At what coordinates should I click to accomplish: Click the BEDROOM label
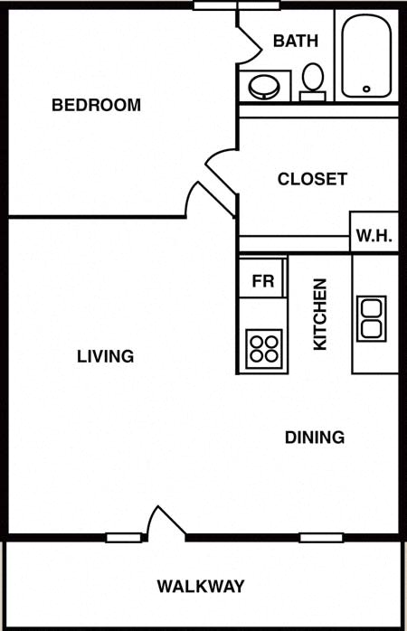click(96, 105)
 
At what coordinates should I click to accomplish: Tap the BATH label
click(296, 41)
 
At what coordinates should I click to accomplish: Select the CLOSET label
click(312, 179)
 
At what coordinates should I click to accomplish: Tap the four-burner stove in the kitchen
click(264, 349)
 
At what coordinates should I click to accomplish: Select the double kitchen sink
click(371, 319)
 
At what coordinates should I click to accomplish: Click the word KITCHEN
click(320, 315)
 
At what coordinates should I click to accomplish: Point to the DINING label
click(315, 438)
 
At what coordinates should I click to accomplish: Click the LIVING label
click(106, 356)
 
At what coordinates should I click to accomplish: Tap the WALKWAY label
click(201, 587)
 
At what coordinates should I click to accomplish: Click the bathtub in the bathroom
click(366, 56)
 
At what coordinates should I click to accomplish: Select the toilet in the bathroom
click(312, 82)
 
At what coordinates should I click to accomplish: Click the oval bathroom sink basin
click(264, 87)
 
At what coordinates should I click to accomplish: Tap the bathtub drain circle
click(366, 89)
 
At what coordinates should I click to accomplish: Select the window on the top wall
click(236, 5)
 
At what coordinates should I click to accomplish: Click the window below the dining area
click(321, 538)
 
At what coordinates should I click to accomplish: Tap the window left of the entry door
click(124, 538)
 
